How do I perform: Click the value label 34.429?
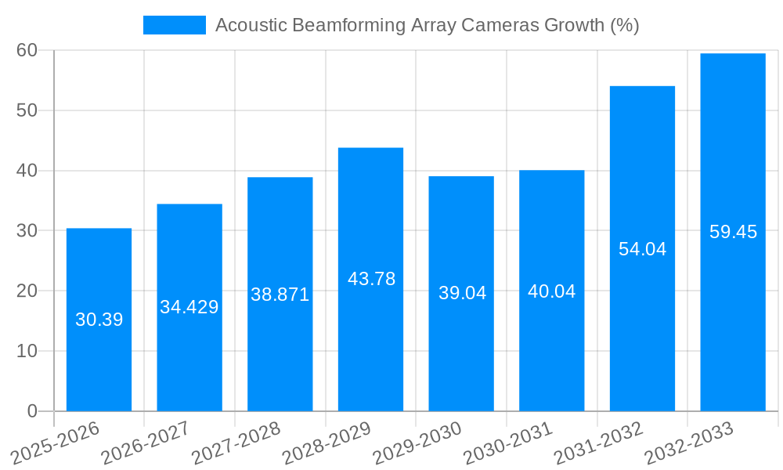[x=189, y=307]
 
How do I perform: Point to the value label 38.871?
[x=280, y=295]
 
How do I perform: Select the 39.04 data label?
[x=462, y=293]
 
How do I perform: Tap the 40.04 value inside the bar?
[x=552, y=291]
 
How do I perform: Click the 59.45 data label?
[x=733, y=232]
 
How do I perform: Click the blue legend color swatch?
[x=174, y=25]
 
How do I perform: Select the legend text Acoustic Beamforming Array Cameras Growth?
[x=427, y=25]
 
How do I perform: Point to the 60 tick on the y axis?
[x=27, y=50]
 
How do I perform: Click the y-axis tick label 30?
[x=27, y=231]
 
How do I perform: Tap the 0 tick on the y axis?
[x=32, y=411]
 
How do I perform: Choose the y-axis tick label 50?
[x=27, y=110]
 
